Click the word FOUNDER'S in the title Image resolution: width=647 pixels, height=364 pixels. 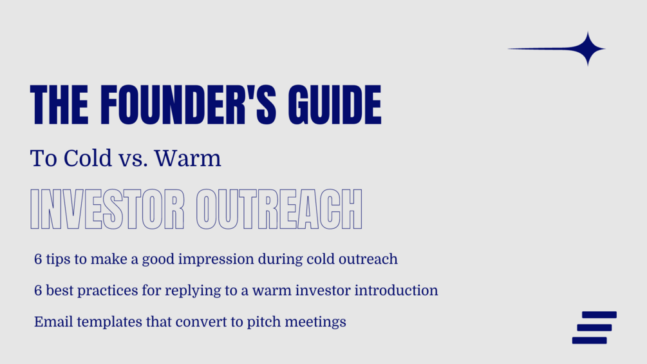tap(188, 104)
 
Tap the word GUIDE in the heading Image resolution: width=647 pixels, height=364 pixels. tap(335, 104)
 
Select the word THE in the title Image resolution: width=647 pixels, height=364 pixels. tap(59, 104)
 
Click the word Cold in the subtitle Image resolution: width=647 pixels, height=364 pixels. tap(88, 158)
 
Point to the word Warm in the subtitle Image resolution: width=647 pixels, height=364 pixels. tap(188, 158)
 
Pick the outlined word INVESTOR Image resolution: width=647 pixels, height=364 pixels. tap(108, 209)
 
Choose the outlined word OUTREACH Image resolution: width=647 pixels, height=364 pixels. tap(279, 209)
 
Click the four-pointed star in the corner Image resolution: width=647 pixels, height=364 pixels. tap(588, 49)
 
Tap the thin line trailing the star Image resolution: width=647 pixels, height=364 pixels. tap(541, 49)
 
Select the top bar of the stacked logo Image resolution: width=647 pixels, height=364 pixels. tap(599, 315)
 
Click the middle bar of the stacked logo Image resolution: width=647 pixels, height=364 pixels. tap(594, 328)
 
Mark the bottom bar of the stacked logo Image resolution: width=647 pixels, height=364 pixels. tap(589, 340)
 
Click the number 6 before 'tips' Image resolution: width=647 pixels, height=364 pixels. tap(38, 259)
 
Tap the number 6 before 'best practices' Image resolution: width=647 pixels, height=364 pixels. tap(38, 291)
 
